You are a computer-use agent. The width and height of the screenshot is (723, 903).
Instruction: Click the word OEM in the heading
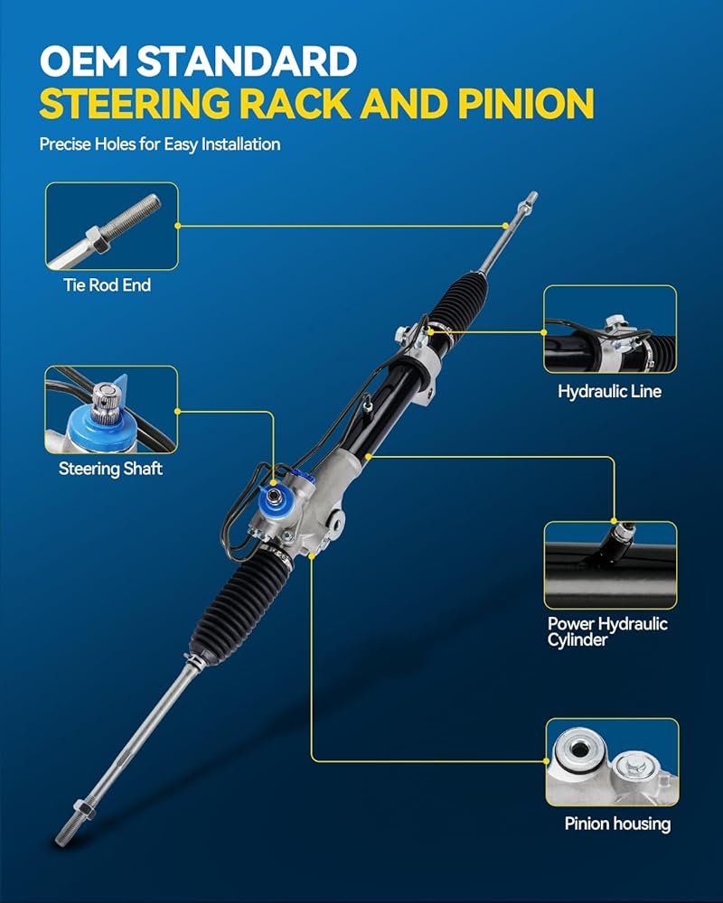pos(84,61)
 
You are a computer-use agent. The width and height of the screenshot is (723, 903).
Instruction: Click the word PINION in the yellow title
pos(526,104)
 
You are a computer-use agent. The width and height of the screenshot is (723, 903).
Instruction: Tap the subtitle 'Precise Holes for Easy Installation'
pos(160,144)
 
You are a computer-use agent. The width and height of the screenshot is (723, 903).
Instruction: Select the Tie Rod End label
pos(108,285)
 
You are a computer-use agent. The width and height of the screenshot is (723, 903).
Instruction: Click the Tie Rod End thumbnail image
pos(112,226)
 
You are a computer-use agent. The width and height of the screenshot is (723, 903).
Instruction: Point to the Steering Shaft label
pos(110,469)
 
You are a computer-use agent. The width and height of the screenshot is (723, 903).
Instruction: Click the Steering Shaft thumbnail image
pos(111,409)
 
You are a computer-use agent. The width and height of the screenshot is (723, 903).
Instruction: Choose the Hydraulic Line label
pos(609,392)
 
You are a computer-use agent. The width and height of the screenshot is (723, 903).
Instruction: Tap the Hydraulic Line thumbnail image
pos(610,330)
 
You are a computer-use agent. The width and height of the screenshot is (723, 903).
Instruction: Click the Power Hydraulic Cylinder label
pos(607,632)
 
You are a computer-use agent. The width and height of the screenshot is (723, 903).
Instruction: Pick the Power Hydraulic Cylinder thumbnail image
pos(611,565)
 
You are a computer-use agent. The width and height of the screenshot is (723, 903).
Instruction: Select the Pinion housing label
pos(617,824)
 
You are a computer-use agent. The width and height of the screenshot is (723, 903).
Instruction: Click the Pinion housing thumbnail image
pos(613,762)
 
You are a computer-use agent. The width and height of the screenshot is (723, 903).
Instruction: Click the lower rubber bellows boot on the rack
pos(240,607)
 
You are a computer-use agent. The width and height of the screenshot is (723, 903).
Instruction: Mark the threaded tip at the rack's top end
pos(528,202)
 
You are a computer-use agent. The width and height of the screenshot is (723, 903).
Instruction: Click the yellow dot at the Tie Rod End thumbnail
pos(177,226)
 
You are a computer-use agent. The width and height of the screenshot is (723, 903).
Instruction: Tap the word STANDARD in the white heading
pos(247,61)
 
